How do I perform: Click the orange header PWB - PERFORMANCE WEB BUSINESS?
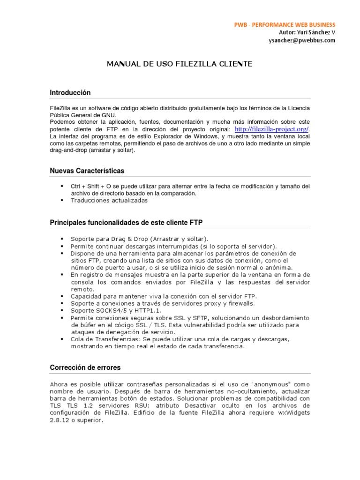[285, 24]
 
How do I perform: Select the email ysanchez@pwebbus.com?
[302, 40]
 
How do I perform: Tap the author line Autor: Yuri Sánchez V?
[307, 32]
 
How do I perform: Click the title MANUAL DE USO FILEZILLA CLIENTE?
[180, 63]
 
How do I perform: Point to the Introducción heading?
[70, 93]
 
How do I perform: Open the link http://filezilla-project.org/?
[272, 129]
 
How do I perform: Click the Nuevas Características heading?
[87, 171]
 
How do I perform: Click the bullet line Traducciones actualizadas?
[109, 200]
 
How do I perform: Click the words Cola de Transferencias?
[105, 339]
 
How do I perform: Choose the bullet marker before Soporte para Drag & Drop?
[62, 239]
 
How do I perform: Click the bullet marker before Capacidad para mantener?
[62, 296]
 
